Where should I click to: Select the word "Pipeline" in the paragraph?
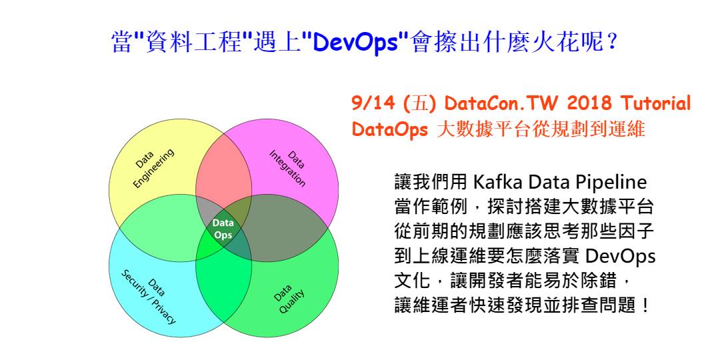(611, 183)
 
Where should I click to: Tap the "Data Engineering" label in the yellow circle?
(151, 167)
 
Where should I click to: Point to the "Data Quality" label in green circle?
(289, 298)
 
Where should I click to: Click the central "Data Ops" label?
(223, 229)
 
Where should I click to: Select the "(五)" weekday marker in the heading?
(420, 105)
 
